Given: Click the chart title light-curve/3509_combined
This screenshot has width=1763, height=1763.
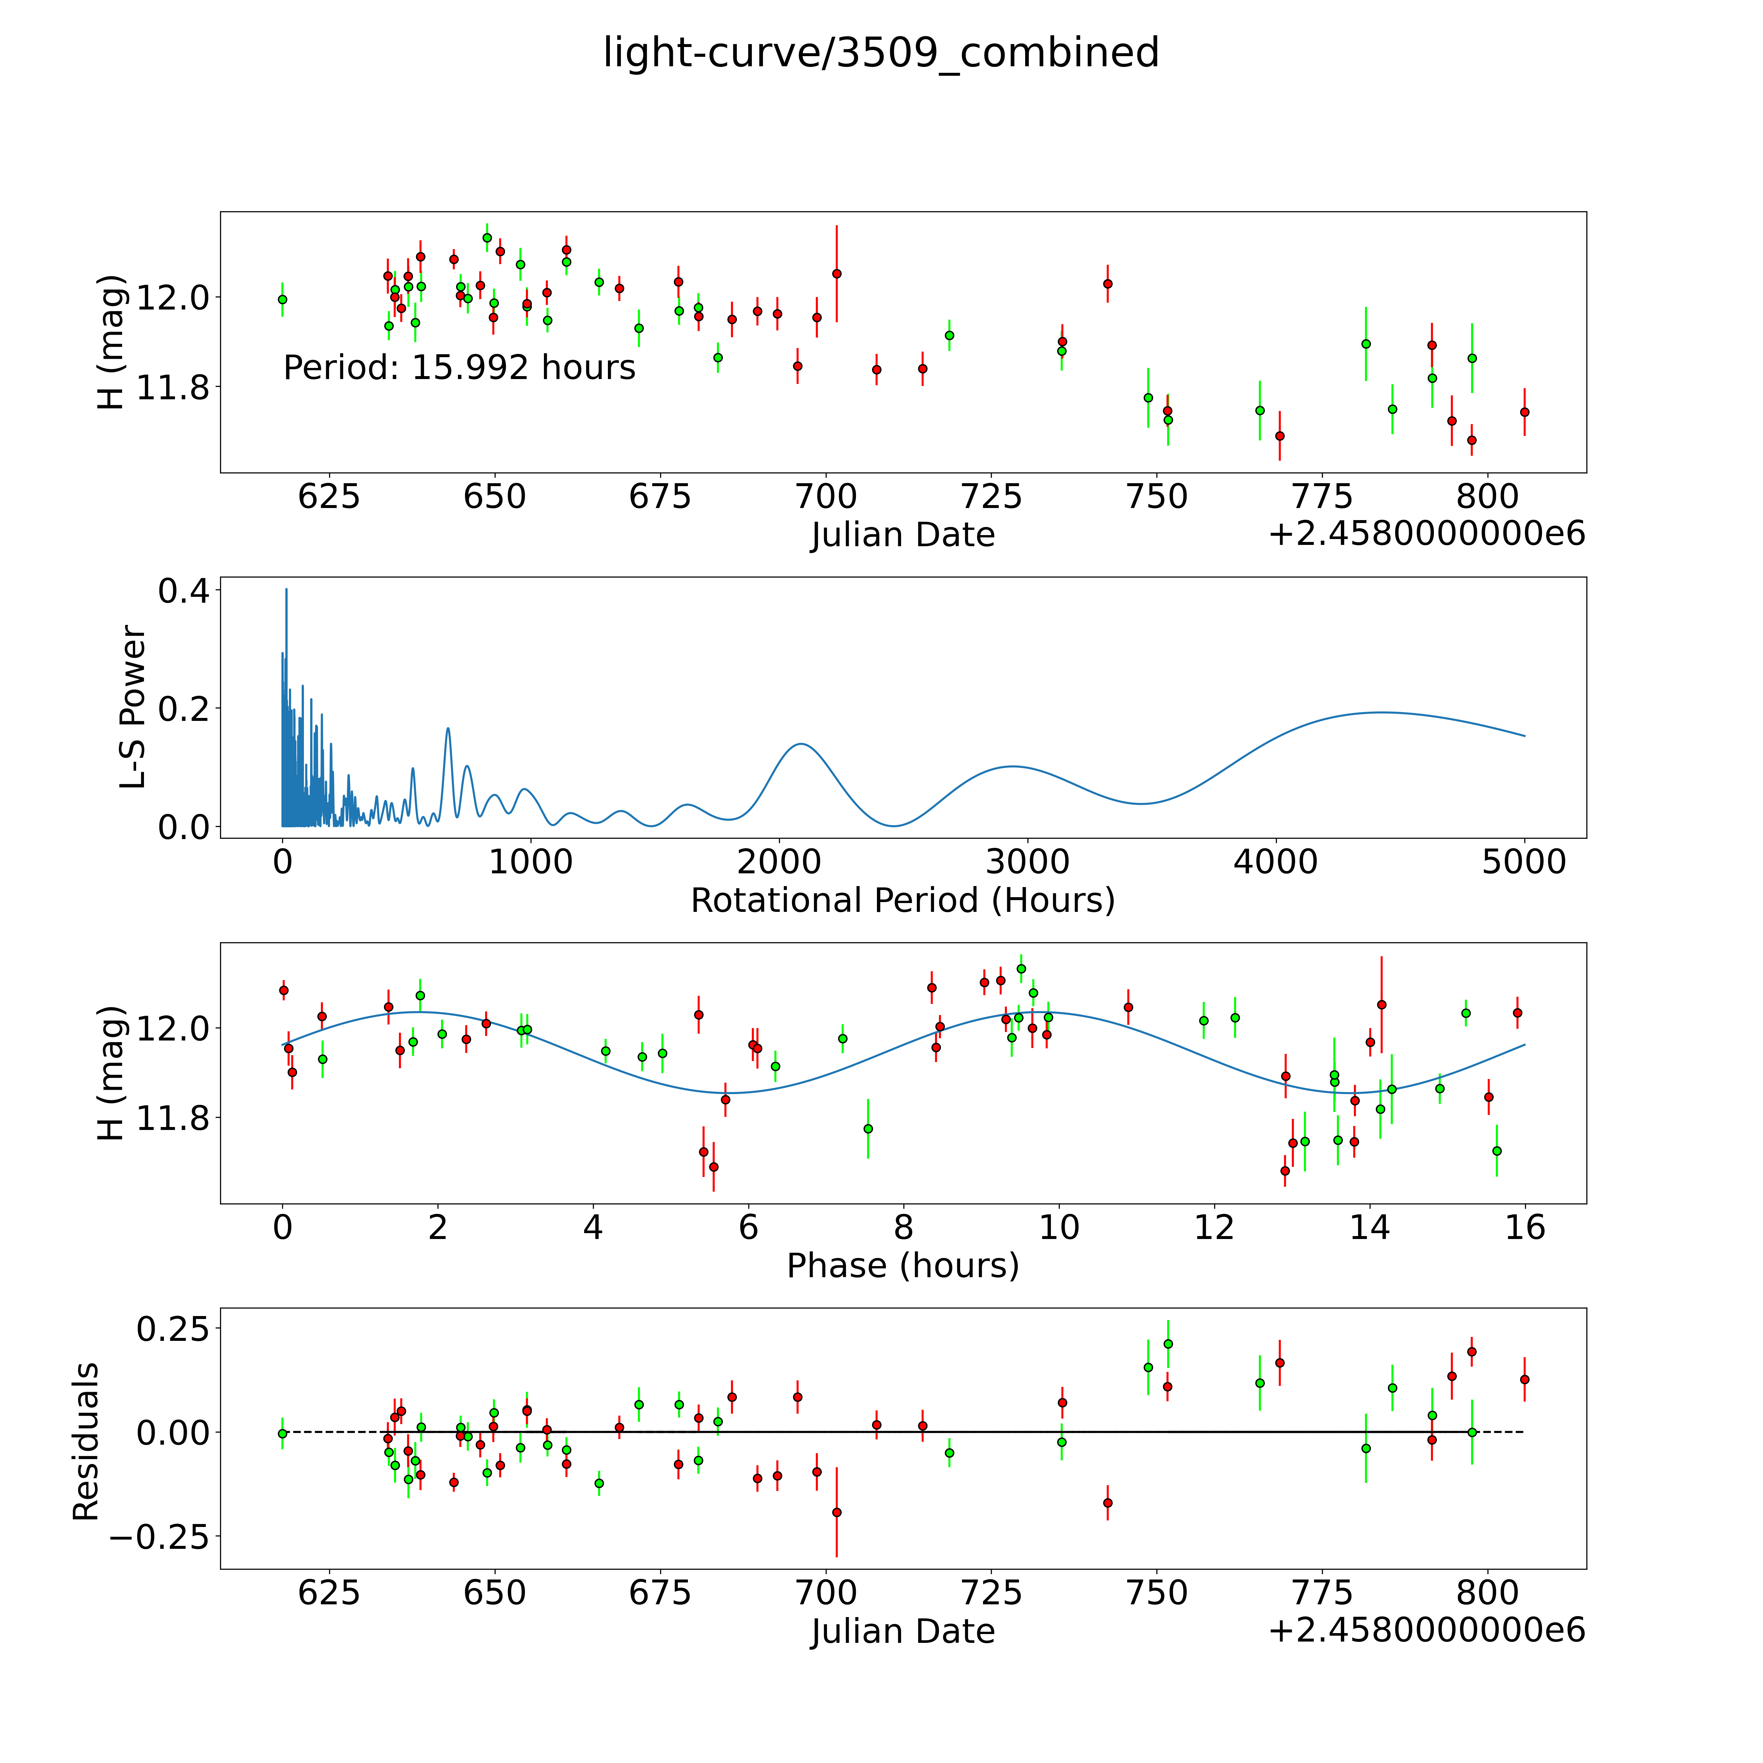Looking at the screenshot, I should pos(881,53).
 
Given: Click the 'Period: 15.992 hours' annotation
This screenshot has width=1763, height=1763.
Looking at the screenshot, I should pos(459,368).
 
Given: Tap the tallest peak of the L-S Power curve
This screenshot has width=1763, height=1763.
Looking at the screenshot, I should pos(286,590).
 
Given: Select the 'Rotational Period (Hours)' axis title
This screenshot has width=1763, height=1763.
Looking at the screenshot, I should pos(902,901).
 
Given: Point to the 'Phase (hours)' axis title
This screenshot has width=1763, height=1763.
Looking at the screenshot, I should pos(902,1266).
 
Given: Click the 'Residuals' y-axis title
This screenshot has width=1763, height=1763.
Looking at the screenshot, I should pos(86,1442).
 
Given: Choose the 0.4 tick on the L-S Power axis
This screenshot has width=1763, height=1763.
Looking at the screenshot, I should pos(183,591).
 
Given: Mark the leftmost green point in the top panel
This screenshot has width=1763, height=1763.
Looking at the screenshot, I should pos(282,299).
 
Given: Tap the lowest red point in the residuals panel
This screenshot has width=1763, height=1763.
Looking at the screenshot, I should pos(836,1512).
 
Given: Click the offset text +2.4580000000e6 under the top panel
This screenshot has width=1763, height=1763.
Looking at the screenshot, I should pos(1426,535).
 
